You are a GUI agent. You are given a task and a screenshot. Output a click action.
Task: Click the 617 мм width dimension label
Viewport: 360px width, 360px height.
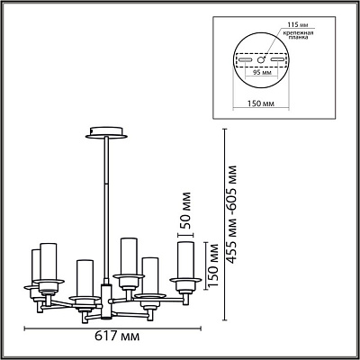pos(117,337)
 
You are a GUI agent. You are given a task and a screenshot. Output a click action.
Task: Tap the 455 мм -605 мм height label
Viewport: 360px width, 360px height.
pos(231,214)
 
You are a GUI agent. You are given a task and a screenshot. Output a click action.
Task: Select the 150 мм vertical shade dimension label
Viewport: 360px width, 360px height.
pos(213,265)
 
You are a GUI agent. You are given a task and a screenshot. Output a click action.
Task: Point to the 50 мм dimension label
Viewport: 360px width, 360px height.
pos(185,211)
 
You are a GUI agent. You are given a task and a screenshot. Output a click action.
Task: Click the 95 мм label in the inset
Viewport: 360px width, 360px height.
pos(260,72)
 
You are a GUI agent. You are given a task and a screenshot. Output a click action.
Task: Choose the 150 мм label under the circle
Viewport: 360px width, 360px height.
pos(261,103)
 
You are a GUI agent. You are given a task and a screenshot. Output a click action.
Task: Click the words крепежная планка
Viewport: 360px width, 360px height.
pos(297,35)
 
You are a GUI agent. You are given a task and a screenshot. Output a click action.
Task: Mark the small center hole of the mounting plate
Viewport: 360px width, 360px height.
pos(261,59)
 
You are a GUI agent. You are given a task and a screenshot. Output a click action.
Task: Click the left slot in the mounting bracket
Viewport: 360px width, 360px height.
pos(245,59)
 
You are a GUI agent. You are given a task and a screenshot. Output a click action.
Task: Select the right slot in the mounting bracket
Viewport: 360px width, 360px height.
pos(277,59)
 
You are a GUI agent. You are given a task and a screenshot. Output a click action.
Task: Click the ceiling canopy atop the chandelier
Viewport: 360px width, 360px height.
pos(106,133)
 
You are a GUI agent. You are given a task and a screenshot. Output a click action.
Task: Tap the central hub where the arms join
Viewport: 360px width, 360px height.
pos(106,301)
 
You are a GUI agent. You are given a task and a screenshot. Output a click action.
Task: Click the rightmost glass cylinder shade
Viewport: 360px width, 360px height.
pos(185,260)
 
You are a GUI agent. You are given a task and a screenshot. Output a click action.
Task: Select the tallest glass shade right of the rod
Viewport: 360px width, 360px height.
pos(129,256)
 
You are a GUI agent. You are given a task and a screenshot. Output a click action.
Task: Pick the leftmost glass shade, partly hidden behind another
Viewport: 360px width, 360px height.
pos(36,267)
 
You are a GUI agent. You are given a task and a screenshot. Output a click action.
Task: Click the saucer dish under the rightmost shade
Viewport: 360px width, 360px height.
pos(185,280)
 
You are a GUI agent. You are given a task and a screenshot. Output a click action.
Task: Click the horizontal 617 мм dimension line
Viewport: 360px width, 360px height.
pos(112,328)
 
